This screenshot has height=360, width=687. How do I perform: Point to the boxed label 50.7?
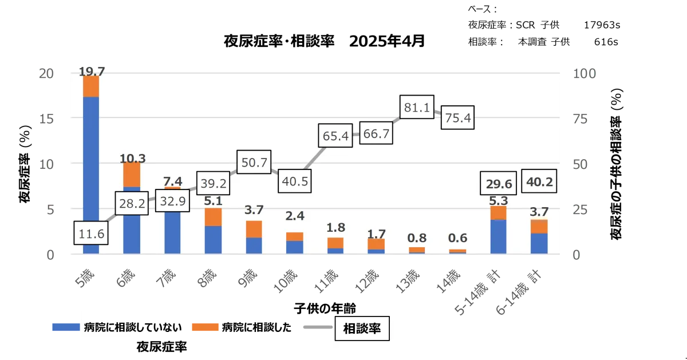pos(254,163)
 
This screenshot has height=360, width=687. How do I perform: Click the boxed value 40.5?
pos(295,182)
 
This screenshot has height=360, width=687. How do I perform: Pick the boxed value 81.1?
pos(416,107)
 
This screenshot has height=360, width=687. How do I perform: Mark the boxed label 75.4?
pos(457,118)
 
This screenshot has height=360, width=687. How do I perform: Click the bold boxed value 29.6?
pos(498,183)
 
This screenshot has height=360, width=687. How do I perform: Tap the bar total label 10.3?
pos(132,157)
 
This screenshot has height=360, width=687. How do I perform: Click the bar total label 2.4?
pos(295,217)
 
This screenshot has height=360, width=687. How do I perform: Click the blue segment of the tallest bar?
pos(91,172)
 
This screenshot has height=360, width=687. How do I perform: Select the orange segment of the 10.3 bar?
pos(132,174)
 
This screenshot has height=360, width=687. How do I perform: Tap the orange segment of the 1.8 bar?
pos(335,243)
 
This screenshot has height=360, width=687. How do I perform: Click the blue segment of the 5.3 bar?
pos(498,236)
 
